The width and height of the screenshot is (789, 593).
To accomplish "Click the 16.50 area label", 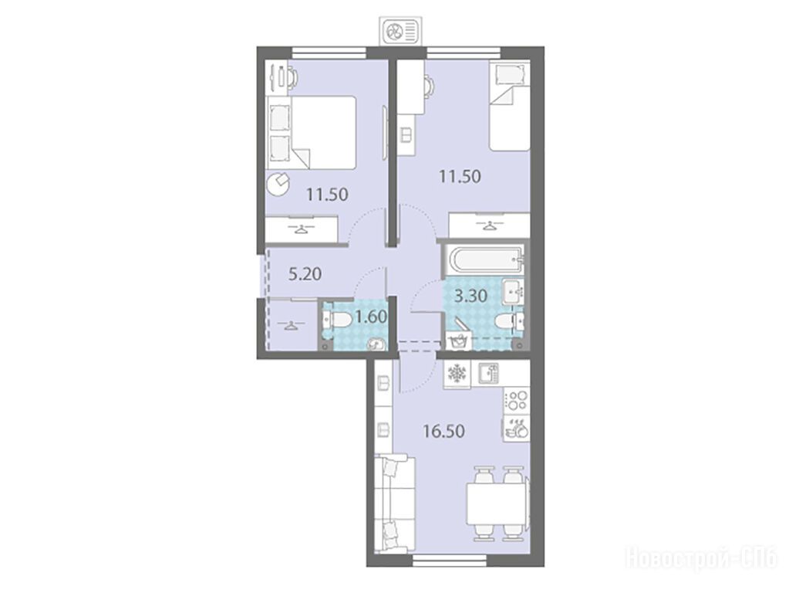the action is pyautogui.click(x=443, y=432).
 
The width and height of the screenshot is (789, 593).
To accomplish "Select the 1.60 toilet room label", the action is pyautogui.click(x=371, y=317).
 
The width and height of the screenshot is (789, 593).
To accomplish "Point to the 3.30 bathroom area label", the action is pyautogui.click(x=470, y=296).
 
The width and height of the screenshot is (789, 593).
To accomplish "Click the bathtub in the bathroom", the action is pyautogui.click(x=484, y=260).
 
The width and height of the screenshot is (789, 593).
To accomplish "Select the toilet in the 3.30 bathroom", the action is pyautogui.click(x=509, y=320).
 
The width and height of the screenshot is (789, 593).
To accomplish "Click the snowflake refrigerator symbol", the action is pyautogui.click(x=457, y=374).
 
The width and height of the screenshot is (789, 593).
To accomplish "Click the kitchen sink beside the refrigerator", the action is pyautogui.click(x=488, y=374).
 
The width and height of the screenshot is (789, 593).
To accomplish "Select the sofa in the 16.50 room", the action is pyautogui.click(x=396, y=504).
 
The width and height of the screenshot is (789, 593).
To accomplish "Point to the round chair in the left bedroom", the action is pyautogui.click(x=278, y=185).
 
